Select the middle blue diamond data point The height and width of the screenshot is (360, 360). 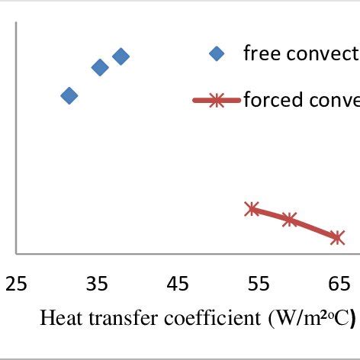(x=100, y=67)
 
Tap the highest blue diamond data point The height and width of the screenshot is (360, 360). (x=121, y=56)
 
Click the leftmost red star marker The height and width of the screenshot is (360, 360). (x=252, y=209)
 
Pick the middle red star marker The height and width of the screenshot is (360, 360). (x=290, y=220)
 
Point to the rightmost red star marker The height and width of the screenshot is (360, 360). (x=337, y=238)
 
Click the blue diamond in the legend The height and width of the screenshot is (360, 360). (x=217, y=53)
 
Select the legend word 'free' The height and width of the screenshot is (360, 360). (x=258, y=53)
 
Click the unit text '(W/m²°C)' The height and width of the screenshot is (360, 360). (x=308, y=319)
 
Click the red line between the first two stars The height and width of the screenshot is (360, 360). (x=271, y=214)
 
